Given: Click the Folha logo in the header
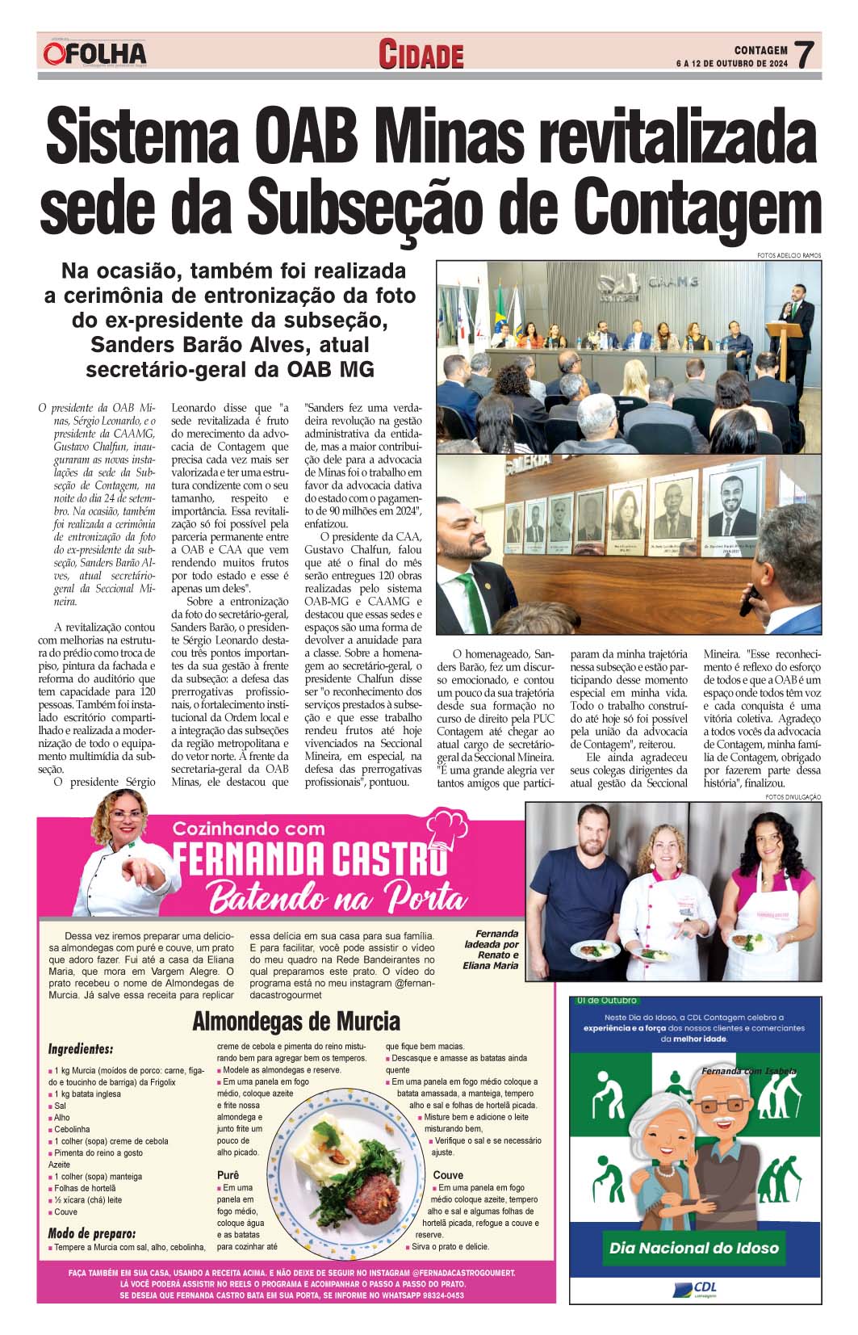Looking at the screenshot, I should pos(95,53).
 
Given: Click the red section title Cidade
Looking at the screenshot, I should pos(422,55).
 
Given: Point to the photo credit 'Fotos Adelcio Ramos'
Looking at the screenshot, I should pos(789,255).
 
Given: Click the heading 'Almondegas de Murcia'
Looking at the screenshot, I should pos(295,1022).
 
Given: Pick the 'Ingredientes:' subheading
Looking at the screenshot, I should pos(81,1049).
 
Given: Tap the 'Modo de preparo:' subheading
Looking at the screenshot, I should pos(92,1232).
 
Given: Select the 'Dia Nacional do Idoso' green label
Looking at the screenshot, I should pos(694,1248).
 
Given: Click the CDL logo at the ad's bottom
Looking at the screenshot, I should pos(693,1289).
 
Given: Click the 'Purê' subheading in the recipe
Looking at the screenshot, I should pos(228,1174).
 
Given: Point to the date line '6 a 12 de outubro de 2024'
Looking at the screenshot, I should pos(732,63).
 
